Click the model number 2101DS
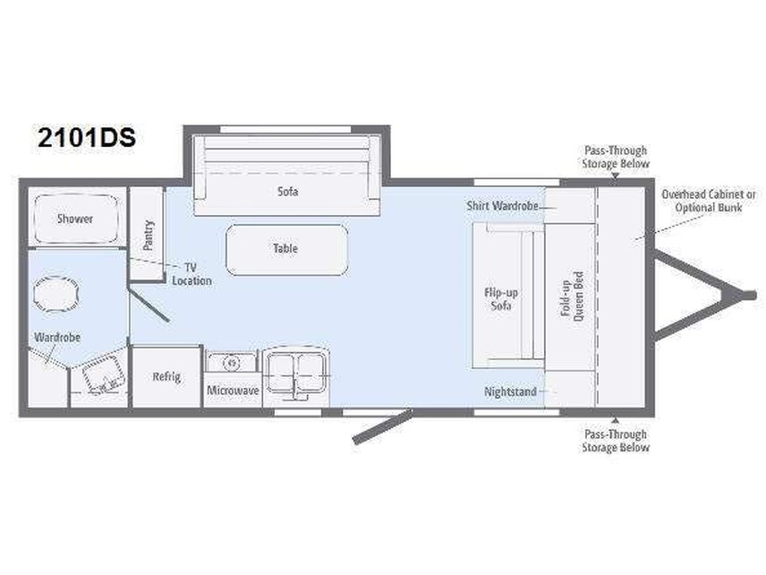tap(86, 138)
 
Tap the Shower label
tap(75, 219)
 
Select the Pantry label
tap(149, 236)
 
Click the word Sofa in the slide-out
tap(287, 192)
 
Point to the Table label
tap(285, 248)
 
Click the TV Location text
tap(193, 274)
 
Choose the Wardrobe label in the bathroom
tap(58, 338)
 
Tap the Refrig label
tap(166, 376)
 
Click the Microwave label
tap(233, 391)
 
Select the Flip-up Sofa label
tap(502, 299)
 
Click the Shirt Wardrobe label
tap(503, 206)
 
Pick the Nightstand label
tap(511, 391)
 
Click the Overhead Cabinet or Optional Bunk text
tap(708, 200)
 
